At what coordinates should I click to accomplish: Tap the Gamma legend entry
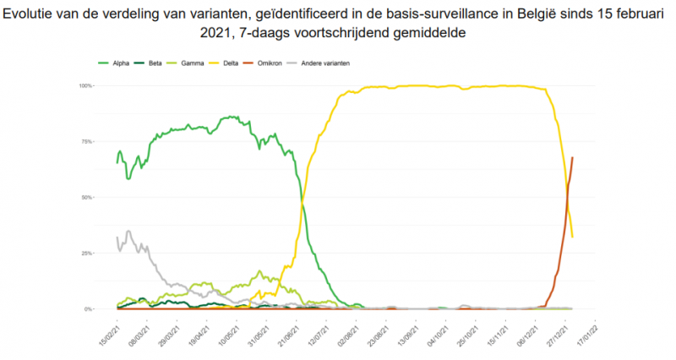tap(193, 63)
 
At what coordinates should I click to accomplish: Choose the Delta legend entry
tap(231, 63)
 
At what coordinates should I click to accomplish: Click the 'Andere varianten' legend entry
tap(319, 63)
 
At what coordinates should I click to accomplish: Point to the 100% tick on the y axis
tap(85, 85)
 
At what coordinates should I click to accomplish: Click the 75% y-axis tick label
tap(87, 141)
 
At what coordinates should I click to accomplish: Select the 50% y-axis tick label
tap(87, 197)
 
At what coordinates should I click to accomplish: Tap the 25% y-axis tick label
tap(87, 253)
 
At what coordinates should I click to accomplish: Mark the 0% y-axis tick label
tap(89, 309)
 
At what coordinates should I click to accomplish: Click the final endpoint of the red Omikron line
tap(573, 157)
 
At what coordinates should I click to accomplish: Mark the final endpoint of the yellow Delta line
tap(573, 237)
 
